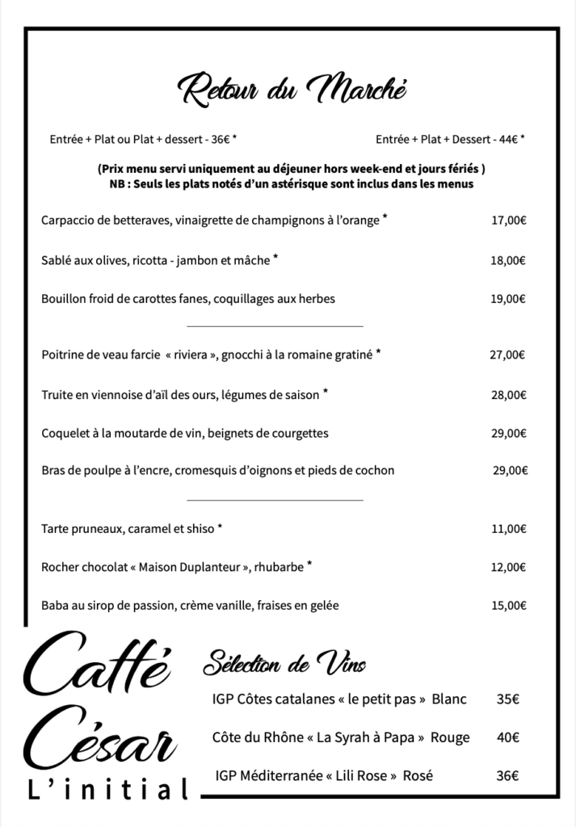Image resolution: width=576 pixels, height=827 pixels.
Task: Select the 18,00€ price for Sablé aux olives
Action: click(x=509, y=261)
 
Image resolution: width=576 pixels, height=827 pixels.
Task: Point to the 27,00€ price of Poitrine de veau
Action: click(x=507, y=354)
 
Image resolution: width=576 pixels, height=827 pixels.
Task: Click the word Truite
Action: click(x=57, y=395)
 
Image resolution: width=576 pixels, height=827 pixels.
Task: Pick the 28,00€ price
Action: click(x=509, y=396)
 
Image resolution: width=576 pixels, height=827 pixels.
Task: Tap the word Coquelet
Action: click(x=66, y=434)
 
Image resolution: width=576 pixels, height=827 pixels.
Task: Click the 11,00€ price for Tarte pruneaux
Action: click(x=509, y=531)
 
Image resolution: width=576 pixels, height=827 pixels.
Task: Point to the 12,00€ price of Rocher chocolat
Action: click(x=509, y=568)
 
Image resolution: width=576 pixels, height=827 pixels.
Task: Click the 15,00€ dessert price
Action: click(x=509, y=606)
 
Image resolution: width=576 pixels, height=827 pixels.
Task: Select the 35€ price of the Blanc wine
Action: click(x=507, y=699)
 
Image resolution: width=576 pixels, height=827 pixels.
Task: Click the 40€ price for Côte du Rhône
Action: click(x=507, y=737)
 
